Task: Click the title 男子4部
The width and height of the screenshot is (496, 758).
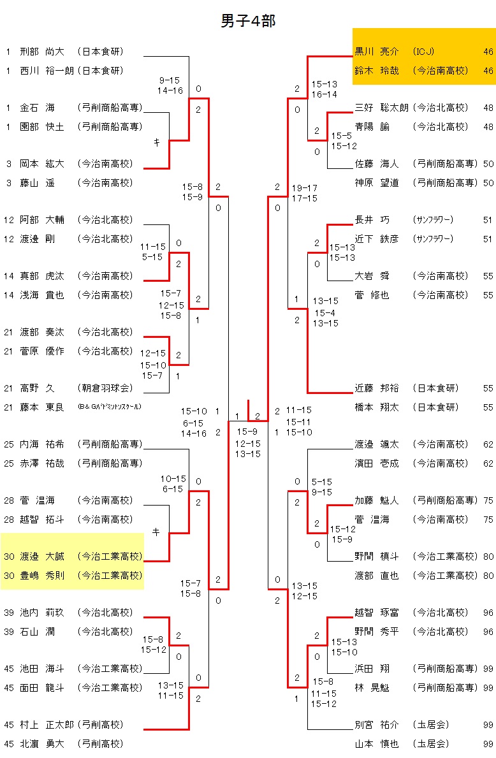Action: pos(248,21)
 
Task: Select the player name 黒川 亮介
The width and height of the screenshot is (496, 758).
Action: pos(376,52)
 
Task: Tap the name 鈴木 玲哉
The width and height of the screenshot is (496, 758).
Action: pos(376,71)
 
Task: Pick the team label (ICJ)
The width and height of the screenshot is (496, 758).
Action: pos(424,52)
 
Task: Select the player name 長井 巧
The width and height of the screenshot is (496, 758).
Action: pos(372,220)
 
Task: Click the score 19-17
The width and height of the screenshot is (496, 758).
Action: pos(305,188)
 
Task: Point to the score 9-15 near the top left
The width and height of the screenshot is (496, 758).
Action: pos(170,80)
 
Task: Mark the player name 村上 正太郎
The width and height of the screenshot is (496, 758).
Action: pos(48,725)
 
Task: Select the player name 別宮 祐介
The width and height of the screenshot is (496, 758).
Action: pos(376,725)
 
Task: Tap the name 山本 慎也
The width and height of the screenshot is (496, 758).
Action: pos(376,744)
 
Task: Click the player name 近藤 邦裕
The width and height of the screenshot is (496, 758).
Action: pos(376,388)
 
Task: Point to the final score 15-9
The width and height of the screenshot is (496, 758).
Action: pos(247,432)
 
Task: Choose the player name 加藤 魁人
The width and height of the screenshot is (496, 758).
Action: pos(376,500)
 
